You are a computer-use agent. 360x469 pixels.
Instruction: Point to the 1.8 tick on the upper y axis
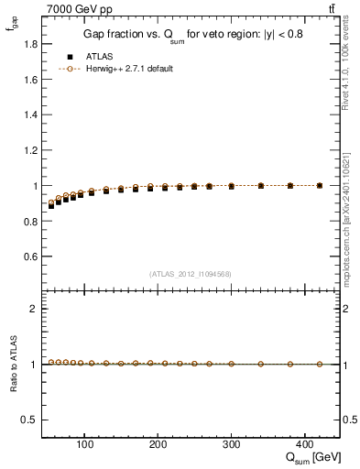click(x=30, y=43)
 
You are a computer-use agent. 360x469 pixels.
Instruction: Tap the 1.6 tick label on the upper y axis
click(x=30, y=79)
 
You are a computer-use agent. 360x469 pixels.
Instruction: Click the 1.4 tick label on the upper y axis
click(x=30, y=115)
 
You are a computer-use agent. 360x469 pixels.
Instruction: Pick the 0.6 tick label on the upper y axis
click(x=30, y=256)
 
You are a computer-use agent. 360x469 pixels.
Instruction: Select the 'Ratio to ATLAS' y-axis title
click(x=12, y=364)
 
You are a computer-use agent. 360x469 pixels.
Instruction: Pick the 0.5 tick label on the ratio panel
click(x=30, y=420)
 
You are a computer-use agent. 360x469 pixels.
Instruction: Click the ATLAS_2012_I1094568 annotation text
click(x=190, y=273)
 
